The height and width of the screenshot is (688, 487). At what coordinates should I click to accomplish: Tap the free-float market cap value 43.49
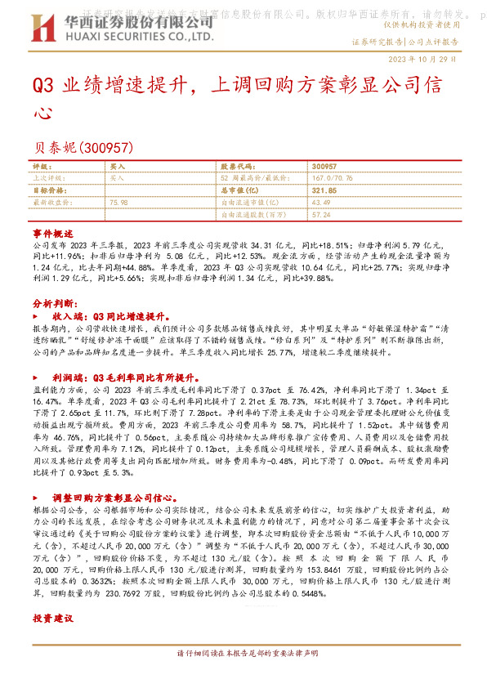[321, 201]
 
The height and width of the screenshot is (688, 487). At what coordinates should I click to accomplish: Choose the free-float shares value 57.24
[321, 213]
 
